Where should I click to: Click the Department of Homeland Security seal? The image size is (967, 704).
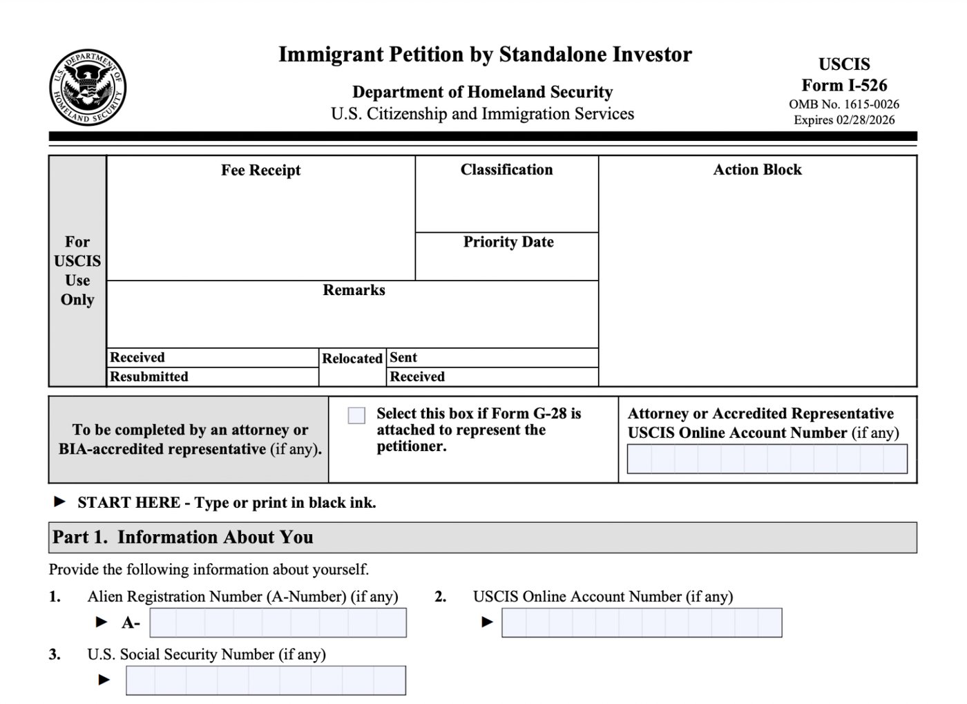pos(88,88)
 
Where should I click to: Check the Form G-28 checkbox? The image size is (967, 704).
pos(356,415)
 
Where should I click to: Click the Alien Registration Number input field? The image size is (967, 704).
pos(278,622)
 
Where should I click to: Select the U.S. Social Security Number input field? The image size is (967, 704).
pos(265,681)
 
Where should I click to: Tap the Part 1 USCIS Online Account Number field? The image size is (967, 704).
pos(641,622)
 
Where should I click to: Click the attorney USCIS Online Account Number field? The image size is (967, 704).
pos(767,459)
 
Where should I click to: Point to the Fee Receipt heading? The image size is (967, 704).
pos(260,171)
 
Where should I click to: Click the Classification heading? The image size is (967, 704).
pos(506,170)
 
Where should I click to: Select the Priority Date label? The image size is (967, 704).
pos(508,242)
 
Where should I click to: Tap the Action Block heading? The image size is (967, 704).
pos(757,170)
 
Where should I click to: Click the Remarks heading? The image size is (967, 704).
pos(354,290)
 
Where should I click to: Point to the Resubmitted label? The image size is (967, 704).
pos(149,377)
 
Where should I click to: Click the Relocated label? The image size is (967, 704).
pos(352,359)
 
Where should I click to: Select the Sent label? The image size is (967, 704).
pos(403,357)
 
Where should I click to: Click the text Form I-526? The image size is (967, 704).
pos(844,85)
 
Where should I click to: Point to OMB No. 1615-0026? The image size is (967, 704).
pos(844,104)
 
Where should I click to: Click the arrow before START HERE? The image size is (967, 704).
pos(60,502)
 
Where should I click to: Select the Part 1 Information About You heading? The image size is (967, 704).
pos(183,537)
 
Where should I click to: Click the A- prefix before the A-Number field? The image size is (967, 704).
pos(131,623)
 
